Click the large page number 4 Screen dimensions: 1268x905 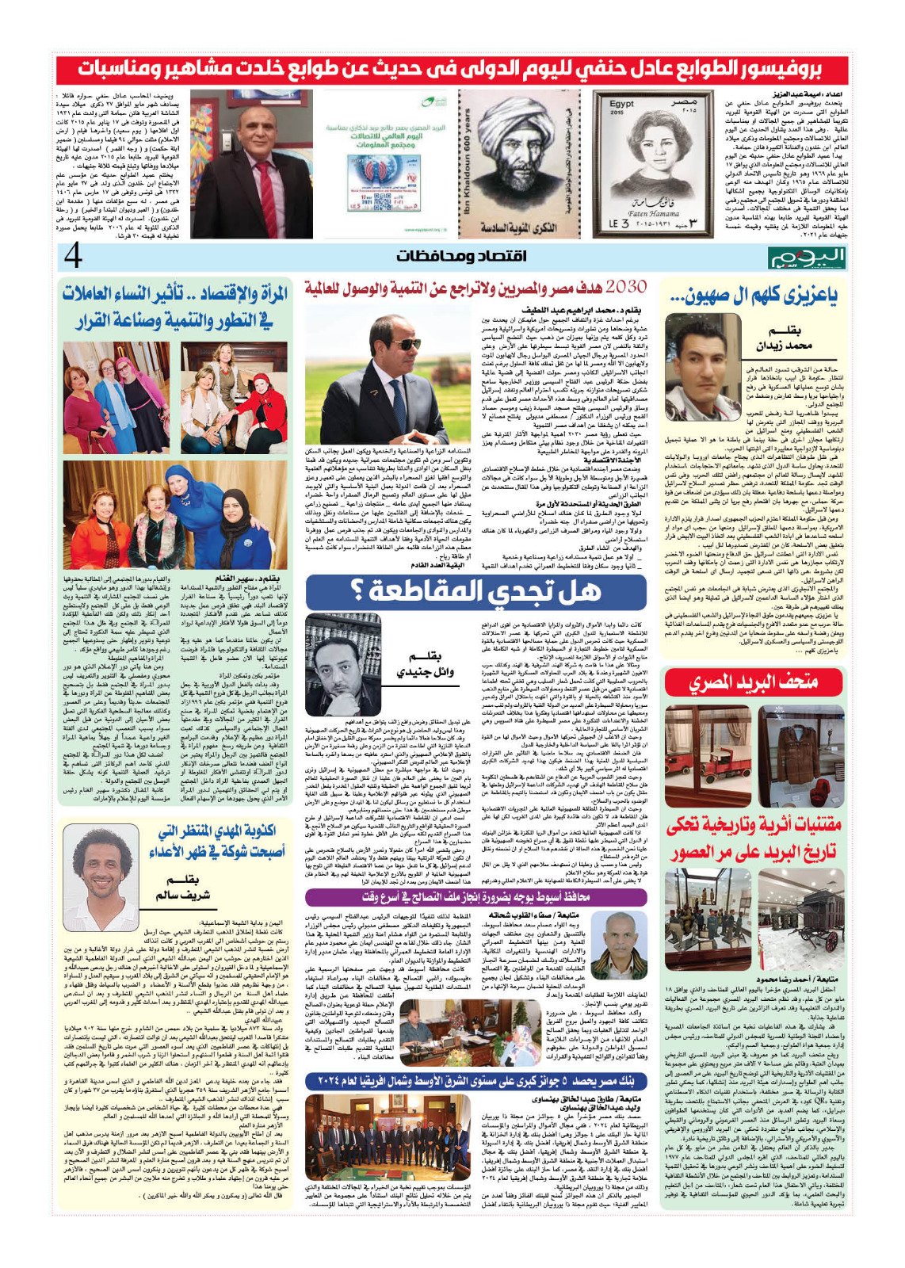point(74,256)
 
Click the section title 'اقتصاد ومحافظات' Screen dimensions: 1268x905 point(452,256)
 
